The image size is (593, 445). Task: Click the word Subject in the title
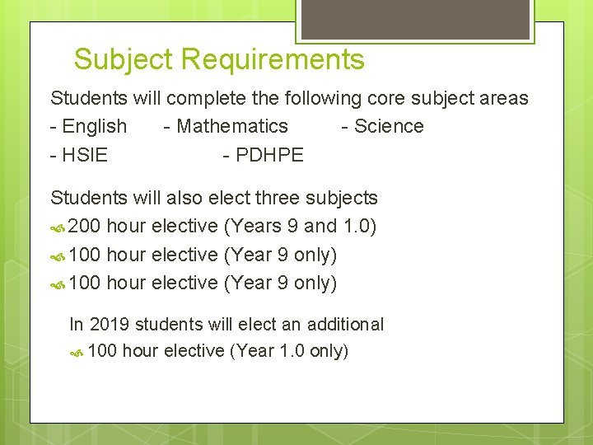124,60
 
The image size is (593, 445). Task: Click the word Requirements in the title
273,60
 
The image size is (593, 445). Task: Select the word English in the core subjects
95,127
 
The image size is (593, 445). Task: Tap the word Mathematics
232,127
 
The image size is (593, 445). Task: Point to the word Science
389,127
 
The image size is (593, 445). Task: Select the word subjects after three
341,198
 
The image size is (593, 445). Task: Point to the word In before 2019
77,324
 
